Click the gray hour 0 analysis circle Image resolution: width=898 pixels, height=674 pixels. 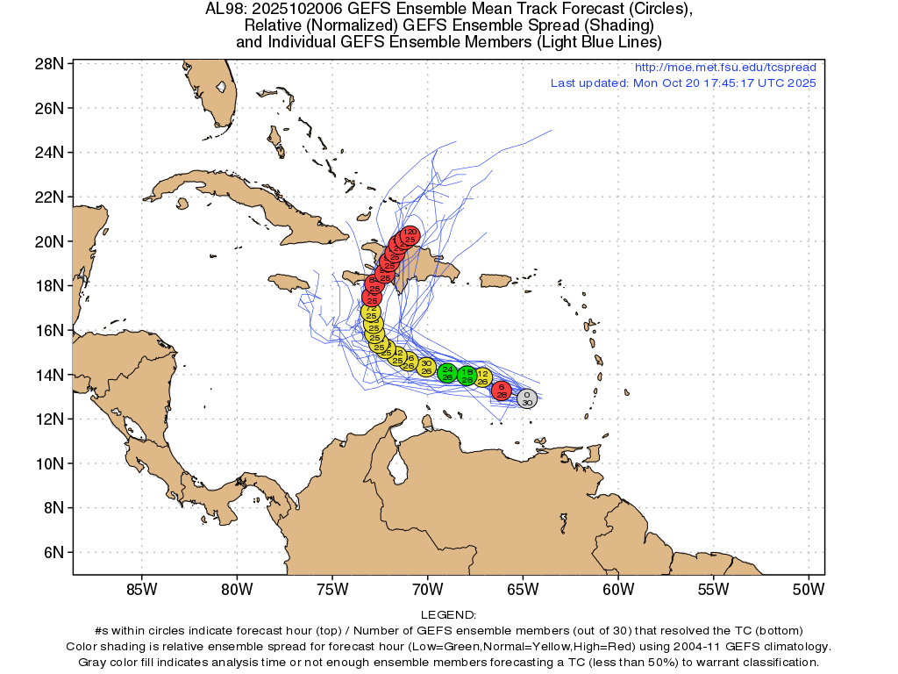pyautogui.click(x=526, y=398)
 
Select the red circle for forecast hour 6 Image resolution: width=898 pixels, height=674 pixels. pyautogui.click(x=501, y=391)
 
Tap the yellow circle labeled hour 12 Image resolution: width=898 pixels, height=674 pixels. pyautogui.click(x=482, y=377)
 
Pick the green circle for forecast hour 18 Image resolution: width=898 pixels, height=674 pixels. pyautogui.click(x=467, y=376)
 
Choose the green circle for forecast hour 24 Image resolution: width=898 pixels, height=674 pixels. pyautogui.click(x=447, y=373)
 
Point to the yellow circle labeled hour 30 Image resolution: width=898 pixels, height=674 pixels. pyautogui.click(x=426, y=367)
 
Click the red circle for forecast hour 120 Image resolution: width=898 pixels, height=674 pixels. pyautogui.click(x=410, y=234)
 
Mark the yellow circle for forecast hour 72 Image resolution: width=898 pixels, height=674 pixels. pyautogui.click(x=371, y=312)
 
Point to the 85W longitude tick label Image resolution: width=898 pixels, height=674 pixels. pyautogui.click(x=141, y=589)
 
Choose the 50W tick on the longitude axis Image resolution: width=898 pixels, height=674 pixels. pyautogui.click(x=808, y=589)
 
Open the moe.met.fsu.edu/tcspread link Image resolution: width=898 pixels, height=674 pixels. pyautogui.click(x=724, y=68)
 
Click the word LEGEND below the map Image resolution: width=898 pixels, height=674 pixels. pyautogui.click(x=448, y=615)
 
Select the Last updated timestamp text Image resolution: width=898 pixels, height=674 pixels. pyautogui.click(x=683, y=83)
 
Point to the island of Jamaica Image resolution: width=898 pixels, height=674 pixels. pyautogui.click(x=289, y=283)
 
